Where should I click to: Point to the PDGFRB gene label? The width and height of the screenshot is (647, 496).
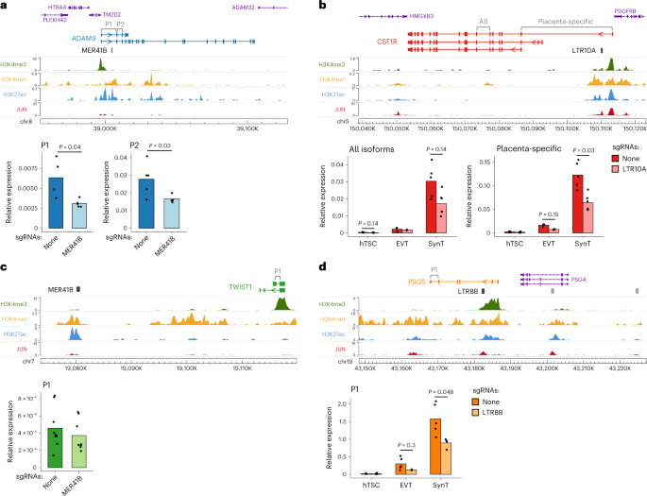pos(626,9)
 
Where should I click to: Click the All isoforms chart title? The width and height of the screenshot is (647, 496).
pos(378,147)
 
